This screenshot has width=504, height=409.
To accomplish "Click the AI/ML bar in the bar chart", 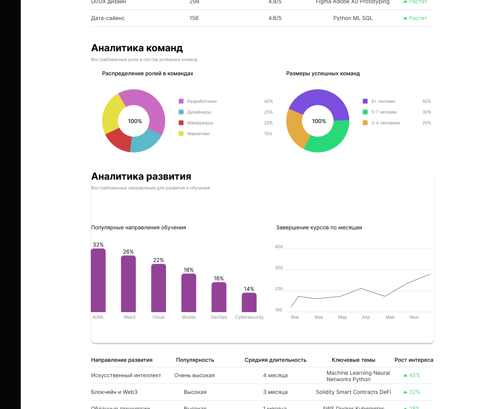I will point(98,281).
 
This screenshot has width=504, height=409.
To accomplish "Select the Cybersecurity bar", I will point(249,303).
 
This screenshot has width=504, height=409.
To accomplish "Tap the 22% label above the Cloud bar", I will point(158,260).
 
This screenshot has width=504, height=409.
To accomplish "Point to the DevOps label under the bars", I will point(219,317).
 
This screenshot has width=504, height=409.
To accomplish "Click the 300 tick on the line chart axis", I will point(279,268).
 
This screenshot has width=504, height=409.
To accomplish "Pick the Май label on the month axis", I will point(390,317).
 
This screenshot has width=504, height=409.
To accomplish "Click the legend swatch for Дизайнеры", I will point(181,112).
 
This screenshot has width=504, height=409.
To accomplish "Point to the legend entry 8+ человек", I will point(383,101).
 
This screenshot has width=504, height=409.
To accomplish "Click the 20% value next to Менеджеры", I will point(268,123).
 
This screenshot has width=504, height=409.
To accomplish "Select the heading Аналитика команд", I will point(137,48).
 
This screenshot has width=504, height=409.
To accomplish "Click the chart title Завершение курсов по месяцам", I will point(319,227).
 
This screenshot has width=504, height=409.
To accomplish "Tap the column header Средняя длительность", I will point(275,360).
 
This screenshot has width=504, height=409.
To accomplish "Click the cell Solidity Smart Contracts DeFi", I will point(353,392).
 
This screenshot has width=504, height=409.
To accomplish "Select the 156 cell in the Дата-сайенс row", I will point(194,18).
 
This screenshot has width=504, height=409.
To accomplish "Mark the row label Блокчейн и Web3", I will point(114,392).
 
